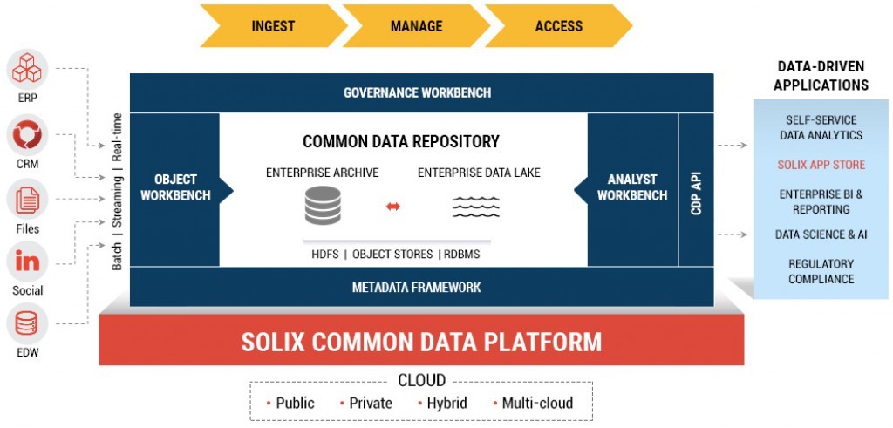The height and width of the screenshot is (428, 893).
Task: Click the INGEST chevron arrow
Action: coord(271,26)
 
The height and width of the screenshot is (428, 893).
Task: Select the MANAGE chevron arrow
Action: coord(416,26)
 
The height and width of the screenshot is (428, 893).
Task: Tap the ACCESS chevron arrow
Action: coord(558,26)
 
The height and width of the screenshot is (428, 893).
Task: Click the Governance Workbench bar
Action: coord(421,92)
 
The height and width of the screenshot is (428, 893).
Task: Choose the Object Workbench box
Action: coord(175,187)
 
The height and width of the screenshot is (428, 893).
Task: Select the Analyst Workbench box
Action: coord(633,187)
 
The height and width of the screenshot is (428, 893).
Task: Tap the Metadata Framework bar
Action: coord(421,287)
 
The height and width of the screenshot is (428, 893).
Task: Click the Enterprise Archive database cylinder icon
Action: coord(323,206)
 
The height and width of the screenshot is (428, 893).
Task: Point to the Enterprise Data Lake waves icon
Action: coord(476,207)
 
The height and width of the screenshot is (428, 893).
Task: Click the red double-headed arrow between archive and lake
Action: coord(393,207)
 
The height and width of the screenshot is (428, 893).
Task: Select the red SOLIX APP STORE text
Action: coord(821,165)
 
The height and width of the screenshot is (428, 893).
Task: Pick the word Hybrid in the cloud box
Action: coord(446,403)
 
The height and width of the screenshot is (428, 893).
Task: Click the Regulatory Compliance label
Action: coord(821,271)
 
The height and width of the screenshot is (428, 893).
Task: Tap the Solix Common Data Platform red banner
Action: coord(421,341)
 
